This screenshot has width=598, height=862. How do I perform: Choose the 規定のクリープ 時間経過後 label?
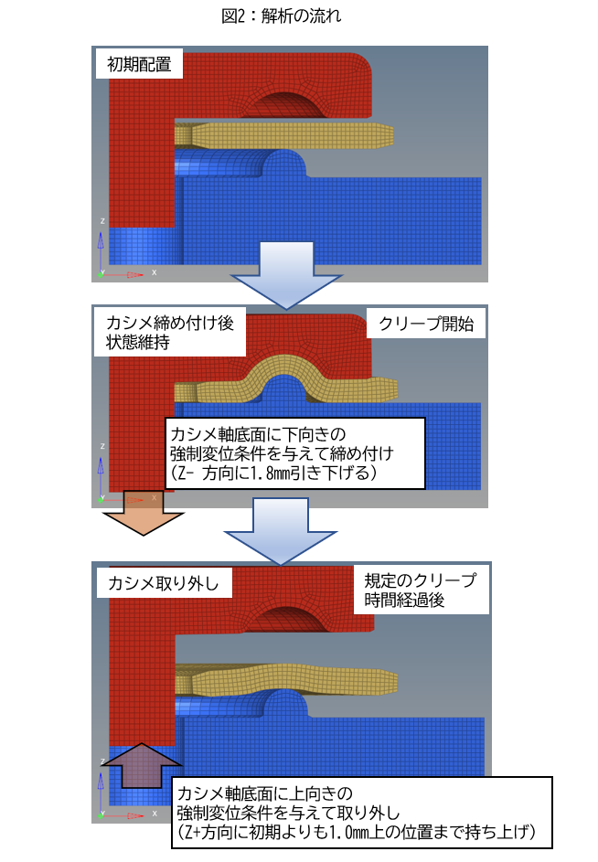pos(422,591)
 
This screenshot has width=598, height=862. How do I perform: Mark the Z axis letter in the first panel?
pos(101,220)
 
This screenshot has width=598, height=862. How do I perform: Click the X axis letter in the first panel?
pos(155,272)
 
